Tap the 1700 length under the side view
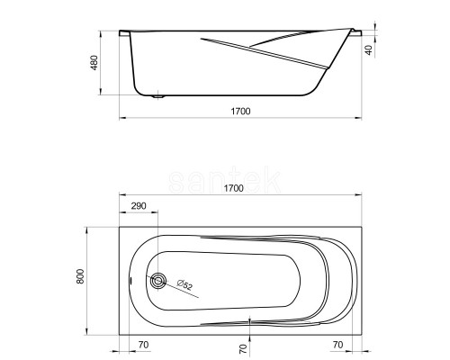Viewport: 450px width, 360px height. [x=238, y=111]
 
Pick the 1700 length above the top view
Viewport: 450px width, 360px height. [x=238, y=190]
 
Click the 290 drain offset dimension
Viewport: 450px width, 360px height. [x=139, y=206]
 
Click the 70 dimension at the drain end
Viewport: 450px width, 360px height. [x=142, y=345]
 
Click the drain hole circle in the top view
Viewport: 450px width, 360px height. [x=158, y=281]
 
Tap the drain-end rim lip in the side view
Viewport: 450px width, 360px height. [x=125, y=33]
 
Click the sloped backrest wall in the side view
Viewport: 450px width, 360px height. [x=335, y=67]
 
